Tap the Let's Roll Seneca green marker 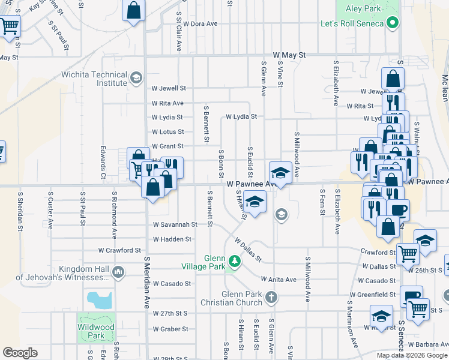coord(393,23)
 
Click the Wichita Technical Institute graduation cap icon coord(136,78)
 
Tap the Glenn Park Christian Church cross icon coord(271,297)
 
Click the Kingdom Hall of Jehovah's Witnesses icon coord(118,272)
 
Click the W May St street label coord(289,55)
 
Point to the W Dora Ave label coord(200,24)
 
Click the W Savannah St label coord(175,224)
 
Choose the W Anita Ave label coord(279,280)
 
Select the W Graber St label coord(170,329)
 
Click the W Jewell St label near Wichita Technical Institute coord(169,88)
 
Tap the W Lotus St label coord(168,132)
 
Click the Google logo coord(20,353)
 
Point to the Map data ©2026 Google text coord(412,355)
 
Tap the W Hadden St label coord(172,239)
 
